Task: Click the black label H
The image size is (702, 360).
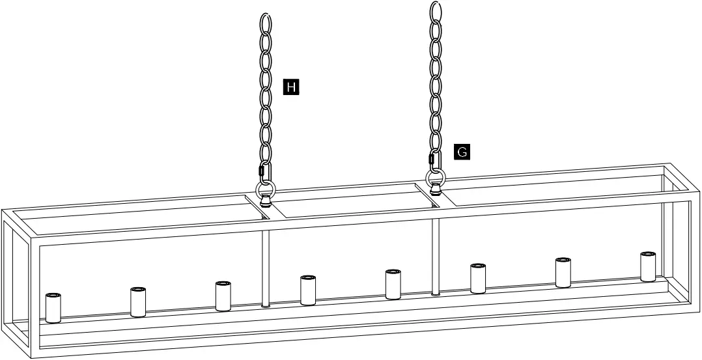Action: [x=291, y=86]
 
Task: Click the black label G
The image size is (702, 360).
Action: [x=461, y=152]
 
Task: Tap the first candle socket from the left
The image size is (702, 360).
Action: [x=53, y=308]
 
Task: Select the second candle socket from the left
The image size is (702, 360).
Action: [x=137, y=301]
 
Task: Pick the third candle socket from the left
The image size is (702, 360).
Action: [x=223, y=296]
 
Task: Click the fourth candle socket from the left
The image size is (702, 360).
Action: [x=308, y=290]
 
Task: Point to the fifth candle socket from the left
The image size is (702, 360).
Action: [x=393, y=284]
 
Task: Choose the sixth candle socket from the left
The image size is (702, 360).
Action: [x=478, y=278]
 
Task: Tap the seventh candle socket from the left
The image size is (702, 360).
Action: [x=563, y=272]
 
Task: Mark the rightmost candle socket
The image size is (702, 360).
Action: [x=647, y=266]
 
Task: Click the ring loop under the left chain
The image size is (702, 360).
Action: [x=266, y=190]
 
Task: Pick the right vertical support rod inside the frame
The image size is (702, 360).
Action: [x=435, y=254]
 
